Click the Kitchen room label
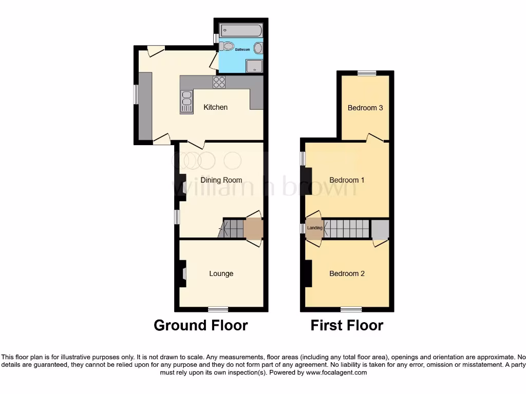pos(215,107)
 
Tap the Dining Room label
pos(221,180)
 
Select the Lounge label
pos(221,273)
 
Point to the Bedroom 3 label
pos(365,108)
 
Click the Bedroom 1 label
pos(347,180)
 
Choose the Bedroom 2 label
pos(347,273)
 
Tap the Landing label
pos(314,228)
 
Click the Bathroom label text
pos(242,50)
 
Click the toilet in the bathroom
pos(226,47)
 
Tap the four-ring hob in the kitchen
pos(219,82)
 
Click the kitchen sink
pos(186,101)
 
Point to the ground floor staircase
pos(232,228)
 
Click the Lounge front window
pos(218,309)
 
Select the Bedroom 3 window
pos(367,73)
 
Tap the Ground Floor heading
pos(201,325)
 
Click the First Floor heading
pos(347,325)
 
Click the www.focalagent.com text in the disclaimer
pos(336,373)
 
